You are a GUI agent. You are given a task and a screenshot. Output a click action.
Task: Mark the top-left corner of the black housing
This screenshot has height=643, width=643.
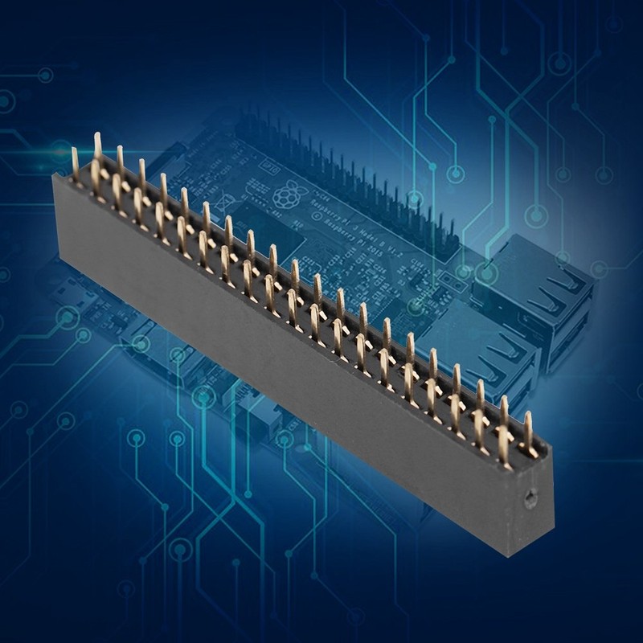[55, 176]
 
